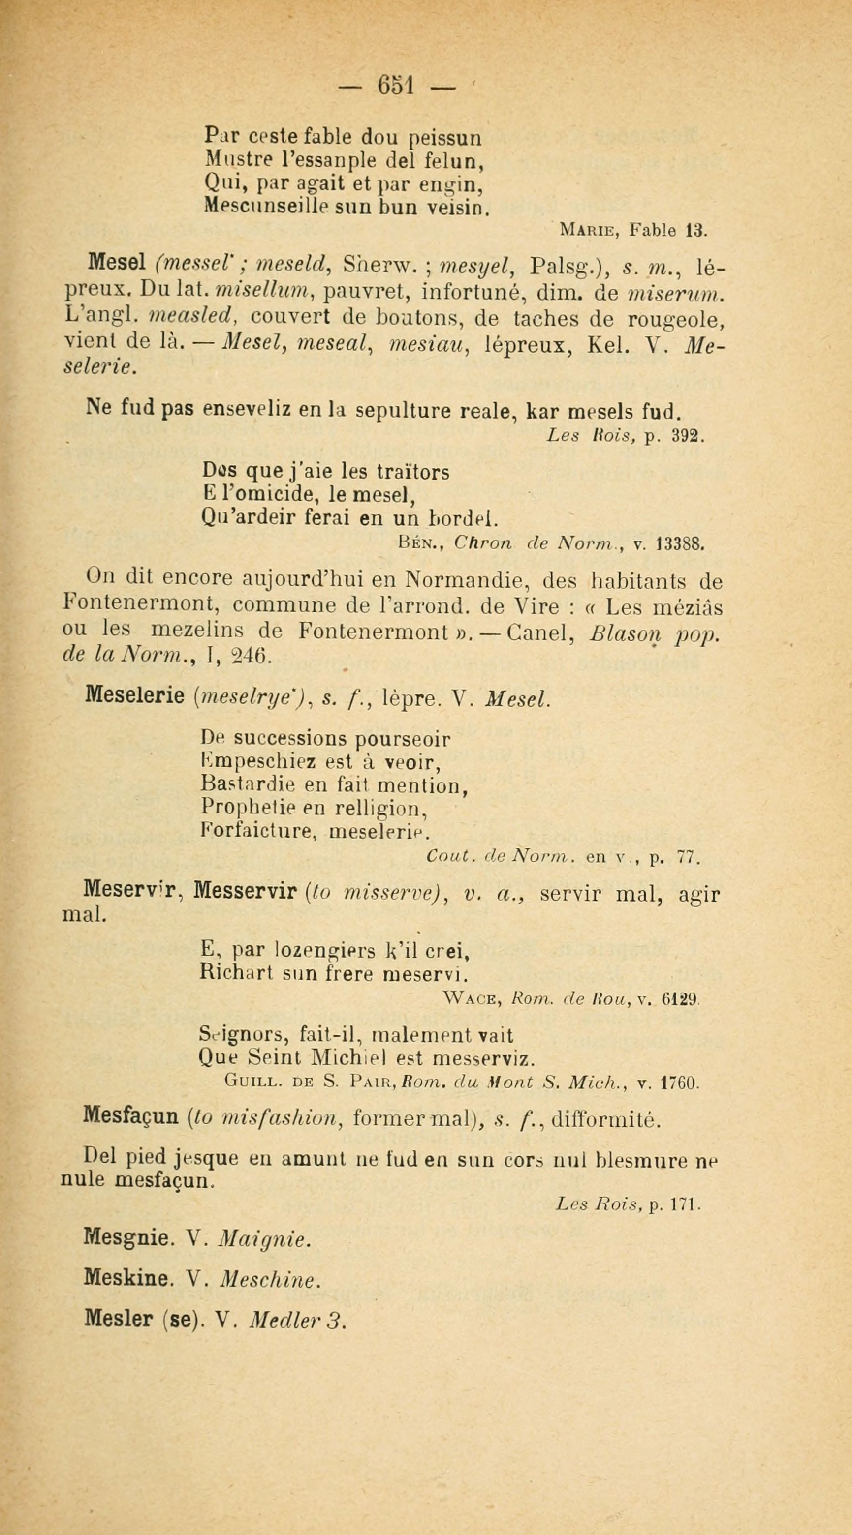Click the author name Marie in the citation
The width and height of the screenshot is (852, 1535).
(x=589, y=230)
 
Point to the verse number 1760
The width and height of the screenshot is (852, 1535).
(x=680, y=1082)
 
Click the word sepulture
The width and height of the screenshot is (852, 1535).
(x=407, y=411)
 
